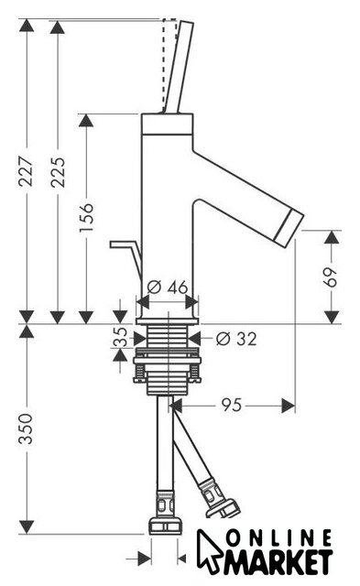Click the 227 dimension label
27,171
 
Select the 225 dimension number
58,171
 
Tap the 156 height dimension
86,217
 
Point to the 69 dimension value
331,277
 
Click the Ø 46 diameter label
167,288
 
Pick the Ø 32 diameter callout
236,339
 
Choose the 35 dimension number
120,337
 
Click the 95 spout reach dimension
232,405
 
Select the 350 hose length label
27,429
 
